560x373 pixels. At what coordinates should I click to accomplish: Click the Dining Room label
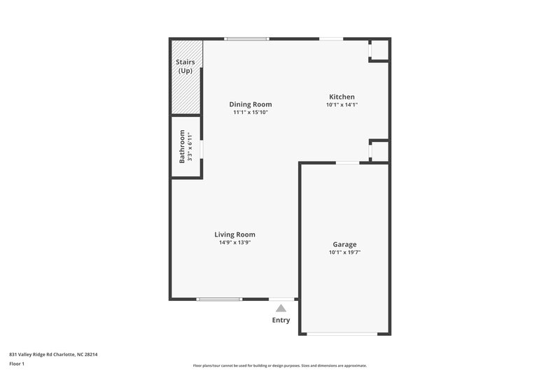click(x=250, y=104)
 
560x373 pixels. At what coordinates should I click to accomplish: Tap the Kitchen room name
click(x=342, y=97)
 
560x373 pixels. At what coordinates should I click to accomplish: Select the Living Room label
click(x=234, y=234)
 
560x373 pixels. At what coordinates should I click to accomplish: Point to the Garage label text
click(x=344, y=244)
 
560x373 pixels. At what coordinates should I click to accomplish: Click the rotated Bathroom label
click(x=182, y=146)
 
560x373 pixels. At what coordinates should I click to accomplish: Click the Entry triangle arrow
click(x=281, y=307)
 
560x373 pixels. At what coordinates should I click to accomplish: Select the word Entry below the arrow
click(x=281, y=321)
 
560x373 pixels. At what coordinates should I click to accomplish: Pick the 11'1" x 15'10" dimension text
click(x=250, y=113)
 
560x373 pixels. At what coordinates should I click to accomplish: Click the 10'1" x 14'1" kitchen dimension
click(x=342, y=105)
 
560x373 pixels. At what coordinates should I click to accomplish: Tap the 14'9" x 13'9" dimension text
click(x=234, y=243)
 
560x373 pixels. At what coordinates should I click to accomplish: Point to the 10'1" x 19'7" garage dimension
click(x=344, y=253)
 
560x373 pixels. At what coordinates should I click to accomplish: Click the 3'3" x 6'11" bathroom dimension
click(x=190, y=146)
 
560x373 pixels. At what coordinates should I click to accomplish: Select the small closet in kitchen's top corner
click(x=379, y=50)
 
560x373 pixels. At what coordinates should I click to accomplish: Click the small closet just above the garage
click(x=379, y=151)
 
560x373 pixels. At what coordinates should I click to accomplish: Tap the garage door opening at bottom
click(x=344, y=334)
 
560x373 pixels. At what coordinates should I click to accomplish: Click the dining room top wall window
click(x=246, y=39)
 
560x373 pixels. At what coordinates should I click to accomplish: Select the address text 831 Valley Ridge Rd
click(x=53, y=354)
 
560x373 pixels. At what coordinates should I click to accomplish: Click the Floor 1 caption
click(x=17, y=365)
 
